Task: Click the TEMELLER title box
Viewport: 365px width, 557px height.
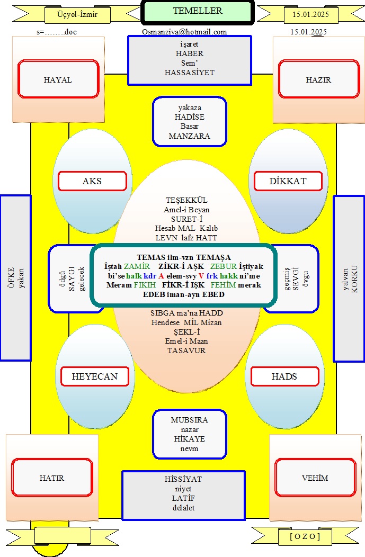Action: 198,12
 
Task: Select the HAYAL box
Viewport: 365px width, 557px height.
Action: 58,79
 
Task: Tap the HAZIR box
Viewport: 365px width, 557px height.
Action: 319,79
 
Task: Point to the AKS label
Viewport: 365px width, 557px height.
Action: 92,181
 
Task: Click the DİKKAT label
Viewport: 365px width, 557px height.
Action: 288,181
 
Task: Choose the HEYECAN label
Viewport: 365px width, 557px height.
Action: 95,376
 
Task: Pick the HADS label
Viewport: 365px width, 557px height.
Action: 284,376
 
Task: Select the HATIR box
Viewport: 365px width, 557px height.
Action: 52,478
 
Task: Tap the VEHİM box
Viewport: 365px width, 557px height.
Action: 315,478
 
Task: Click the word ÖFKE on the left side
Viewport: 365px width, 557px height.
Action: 11,277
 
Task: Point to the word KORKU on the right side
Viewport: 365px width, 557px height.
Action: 354,279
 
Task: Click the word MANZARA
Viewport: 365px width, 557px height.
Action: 190,136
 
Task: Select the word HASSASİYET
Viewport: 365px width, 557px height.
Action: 190,73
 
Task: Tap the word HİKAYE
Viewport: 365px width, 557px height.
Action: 190,439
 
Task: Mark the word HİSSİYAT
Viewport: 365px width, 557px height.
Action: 183,479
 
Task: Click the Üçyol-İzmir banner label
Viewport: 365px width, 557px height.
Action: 77,15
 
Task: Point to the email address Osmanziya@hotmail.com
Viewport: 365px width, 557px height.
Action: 184,32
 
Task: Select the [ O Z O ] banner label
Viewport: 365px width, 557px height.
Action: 305,536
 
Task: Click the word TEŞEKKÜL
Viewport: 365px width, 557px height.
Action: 186,200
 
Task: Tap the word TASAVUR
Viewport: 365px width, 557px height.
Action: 186,351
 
